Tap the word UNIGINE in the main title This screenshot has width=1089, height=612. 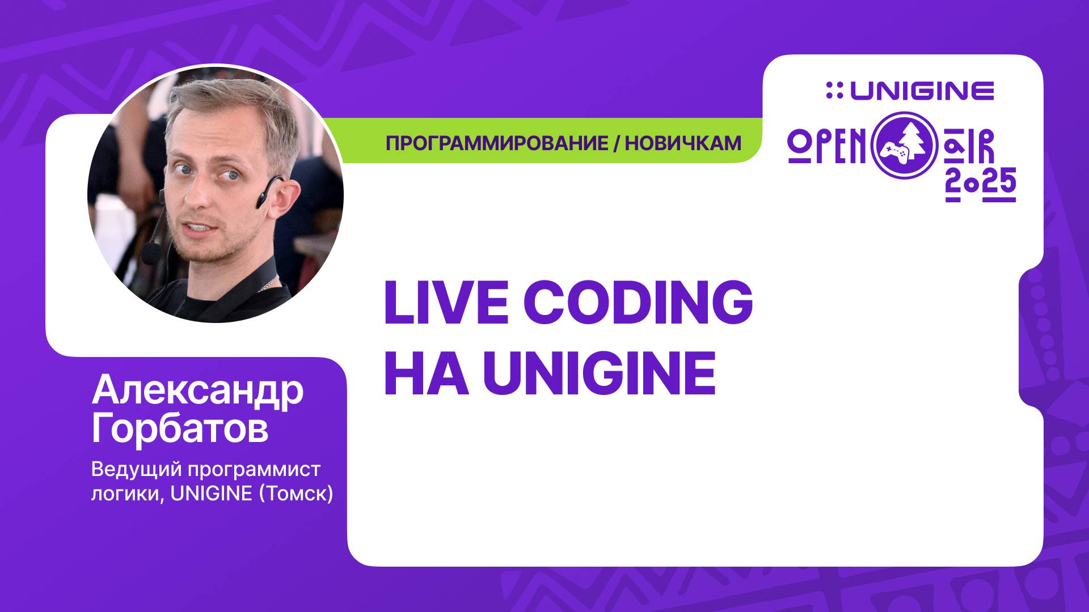[599, 374]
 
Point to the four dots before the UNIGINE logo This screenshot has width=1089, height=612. [834, 91]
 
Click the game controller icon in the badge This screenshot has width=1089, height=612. [893, 151]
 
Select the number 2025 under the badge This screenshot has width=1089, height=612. [980, 185]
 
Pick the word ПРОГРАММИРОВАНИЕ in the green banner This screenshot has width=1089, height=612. [496, 143]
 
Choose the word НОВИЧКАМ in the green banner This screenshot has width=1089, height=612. [683, 143]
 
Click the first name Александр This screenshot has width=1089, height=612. [197, 390]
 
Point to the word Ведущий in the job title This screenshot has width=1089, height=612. [136, 470]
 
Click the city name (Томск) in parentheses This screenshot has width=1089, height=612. [296, 494]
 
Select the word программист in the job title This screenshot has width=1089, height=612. [254, 470]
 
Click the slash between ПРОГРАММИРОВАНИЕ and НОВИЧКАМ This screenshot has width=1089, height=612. [617, 143]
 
